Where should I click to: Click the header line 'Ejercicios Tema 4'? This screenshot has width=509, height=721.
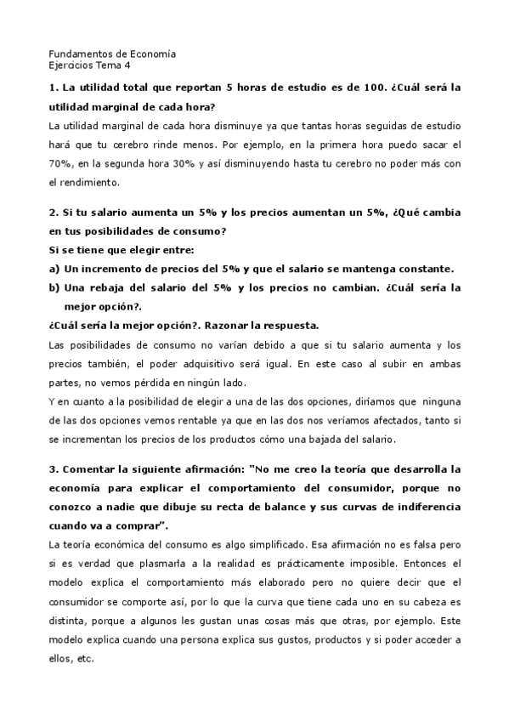pyautogui.click(x=90, y=65)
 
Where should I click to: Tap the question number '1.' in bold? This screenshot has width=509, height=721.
pyautogui.click(x=53, y=88)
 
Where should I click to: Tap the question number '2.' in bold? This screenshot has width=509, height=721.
pyautogui.click(x=53, y=213)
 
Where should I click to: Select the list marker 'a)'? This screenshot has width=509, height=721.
pyautogui.click(x=55, y=269)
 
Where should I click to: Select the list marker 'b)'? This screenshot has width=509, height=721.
pyautogui.click(x=55, y=287)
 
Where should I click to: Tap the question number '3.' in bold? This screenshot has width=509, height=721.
pyautogui.click(x=53, y=469)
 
